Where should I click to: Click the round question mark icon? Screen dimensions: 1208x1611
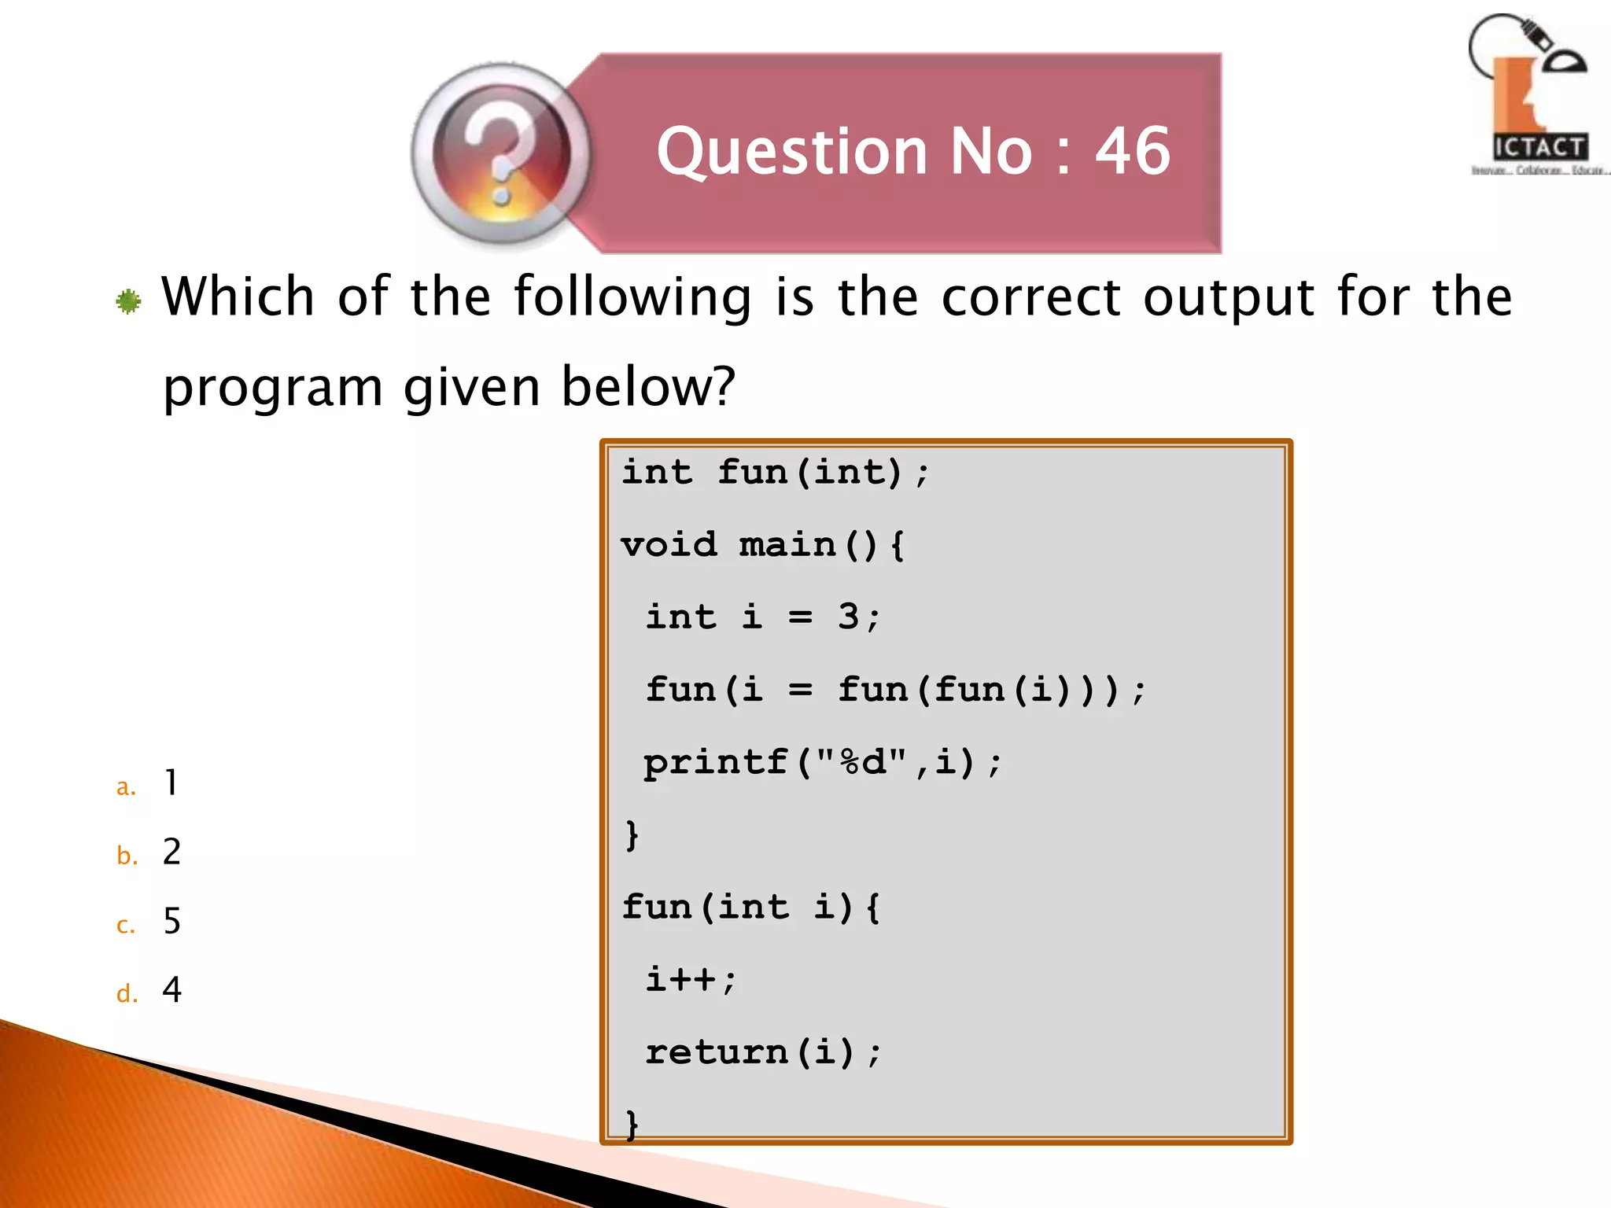click(501, 153)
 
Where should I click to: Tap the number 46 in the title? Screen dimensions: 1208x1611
click(1133, 151)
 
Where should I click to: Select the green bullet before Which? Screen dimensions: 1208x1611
click(128, 300)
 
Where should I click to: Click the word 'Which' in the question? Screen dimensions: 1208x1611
click(238, 296)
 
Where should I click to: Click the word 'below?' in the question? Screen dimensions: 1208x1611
click(648, 387)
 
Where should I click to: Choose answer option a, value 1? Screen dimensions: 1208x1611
click(171, 783)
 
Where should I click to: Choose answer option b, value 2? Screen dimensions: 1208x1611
click(171, 852)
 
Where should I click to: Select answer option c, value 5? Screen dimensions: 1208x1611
click(171, 921)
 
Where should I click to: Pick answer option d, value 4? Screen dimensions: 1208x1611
click(171, 989)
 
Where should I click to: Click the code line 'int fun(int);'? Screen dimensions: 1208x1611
click(775, 472)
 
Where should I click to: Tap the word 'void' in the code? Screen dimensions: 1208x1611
click(669, 544)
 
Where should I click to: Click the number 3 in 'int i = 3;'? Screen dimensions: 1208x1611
click(848, 617)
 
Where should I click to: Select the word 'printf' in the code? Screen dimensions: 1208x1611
click(715, 762)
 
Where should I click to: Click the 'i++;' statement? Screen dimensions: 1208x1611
click(691, 980)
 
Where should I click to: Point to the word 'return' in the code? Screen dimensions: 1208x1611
click(716, 1052)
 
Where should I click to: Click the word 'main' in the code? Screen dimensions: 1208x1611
click(787, 544)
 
